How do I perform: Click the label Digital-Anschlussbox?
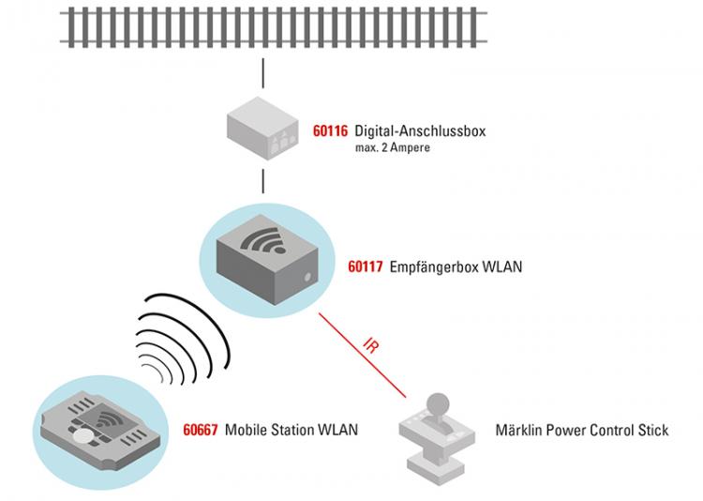pyautogui.click(x=420, y=131)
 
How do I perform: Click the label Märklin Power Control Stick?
pyautogui.click(x=582, y=431)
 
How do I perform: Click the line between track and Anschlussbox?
pyautogui.click(x=263, y=71)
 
